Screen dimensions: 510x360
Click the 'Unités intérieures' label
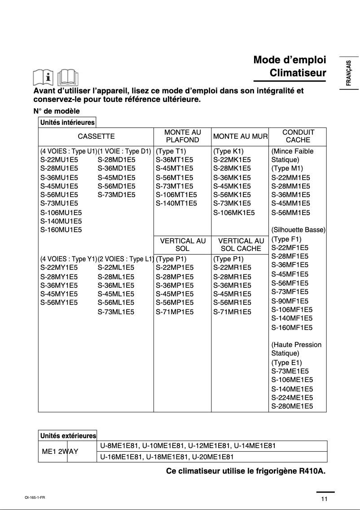point(67,122)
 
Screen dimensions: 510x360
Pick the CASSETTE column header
point(96,136)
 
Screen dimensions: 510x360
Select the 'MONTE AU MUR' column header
point(240,136)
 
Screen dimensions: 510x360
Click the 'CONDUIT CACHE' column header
point(298,136)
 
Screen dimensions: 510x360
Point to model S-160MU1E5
point(61,230)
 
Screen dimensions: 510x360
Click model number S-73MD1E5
point(116,195)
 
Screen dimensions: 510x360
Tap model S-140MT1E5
point(176,203)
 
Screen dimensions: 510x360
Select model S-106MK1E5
point(234,212)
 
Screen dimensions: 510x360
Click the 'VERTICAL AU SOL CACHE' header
point(241,245)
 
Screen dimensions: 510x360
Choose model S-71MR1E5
point(232,311)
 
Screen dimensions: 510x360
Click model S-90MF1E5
point(290,301)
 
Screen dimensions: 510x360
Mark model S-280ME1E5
point(292,406)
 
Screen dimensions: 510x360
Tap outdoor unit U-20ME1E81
point(213,457)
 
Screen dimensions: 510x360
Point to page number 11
point(324,499)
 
